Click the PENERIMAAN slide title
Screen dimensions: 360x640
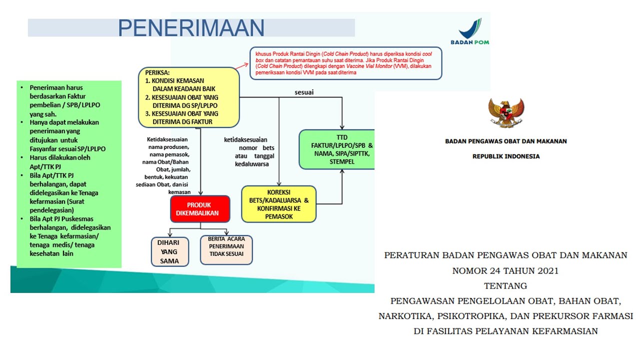191,28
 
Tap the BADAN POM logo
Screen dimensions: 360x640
469,32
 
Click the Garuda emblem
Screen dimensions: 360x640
506,112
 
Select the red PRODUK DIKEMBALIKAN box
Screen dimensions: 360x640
200,209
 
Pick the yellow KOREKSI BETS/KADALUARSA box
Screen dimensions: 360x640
279,204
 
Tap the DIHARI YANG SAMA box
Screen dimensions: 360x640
170,251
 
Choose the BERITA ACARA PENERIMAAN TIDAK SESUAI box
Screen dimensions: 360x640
226,250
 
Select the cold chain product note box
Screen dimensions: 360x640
346,63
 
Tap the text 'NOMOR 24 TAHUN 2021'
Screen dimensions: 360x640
505,271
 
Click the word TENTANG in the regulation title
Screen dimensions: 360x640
505,286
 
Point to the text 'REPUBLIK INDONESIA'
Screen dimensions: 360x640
506,156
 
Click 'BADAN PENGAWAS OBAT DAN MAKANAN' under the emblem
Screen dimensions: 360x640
506,141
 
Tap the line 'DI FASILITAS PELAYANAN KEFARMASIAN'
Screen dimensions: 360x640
505,331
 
